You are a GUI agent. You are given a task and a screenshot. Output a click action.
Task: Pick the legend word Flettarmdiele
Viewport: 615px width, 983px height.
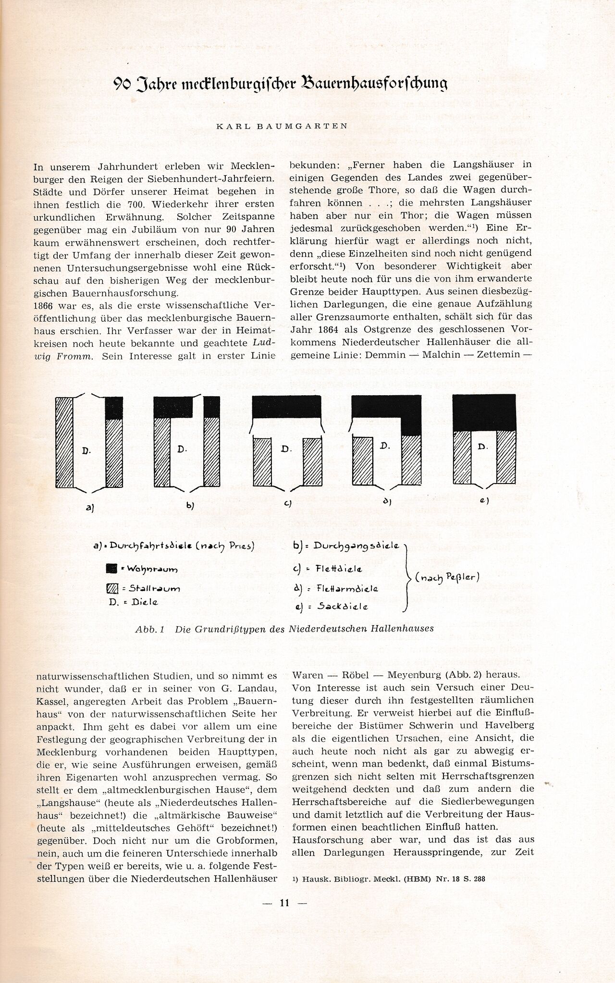click(x=347, y=589)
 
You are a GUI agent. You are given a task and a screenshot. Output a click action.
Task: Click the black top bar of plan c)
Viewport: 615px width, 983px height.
click(x=287, y=407)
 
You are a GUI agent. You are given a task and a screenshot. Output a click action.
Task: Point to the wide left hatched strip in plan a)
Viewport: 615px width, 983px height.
click(x=65, y=442)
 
